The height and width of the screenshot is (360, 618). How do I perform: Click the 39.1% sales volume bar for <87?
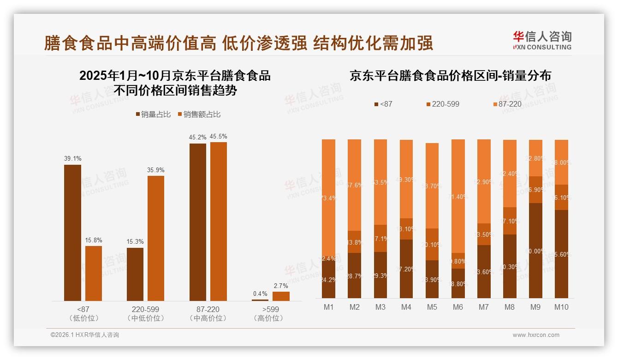(72, 233)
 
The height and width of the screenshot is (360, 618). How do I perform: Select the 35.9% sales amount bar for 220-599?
(156, 238)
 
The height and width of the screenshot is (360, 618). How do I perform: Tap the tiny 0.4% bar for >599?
(260, 300)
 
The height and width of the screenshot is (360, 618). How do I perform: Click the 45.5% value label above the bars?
(218, 137)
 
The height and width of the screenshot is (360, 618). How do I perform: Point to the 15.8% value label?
(94, 240)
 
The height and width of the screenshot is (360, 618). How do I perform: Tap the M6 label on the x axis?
(458, 307)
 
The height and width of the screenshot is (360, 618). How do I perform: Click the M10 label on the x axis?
(561, 307)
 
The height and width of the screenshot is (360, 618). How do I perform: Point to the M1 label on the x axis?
(329, 307)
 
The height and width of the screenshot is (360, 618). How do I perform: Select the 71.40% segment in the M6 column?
(458, 196)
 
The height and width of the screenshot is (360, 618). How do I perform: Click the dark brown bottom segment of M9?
(535, 251)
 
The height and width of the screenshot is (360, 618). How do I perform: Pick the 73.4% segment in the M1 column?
(329, 198)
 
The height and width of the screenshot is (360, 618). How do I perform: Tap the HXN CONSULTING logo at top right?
(542, 40)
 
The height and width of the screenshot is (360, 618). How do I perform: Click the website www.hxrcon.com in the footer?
(536, 335)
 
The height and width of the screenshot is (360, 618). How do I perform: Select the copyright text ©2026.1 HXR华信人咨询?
(85, 335)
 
